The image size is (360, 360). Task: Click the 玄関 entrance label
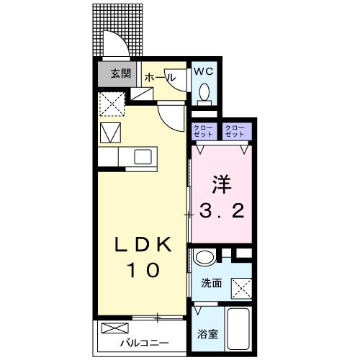point(121,73)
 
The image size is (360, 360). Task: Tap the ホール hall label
point(160,78)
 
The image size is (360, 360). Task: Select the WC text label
point(204,71)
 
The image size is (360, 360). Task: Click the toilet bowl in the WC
point(204,92)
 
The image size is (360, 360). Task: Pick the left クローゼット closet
point(203,131)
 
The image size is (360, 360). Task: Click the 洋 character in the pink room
point(221,185)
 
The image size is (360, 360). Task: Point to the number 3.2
point(222,211)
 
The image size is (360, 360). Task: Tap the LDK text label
point(143,244)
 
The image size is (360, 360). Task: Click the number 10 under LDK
point(145,270)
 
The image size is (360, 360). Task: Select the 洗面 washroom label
point(211,284)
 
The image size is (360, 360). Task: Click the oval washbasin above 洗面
point(205,257)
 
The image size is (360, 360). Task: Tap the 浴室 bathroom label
point(207,334)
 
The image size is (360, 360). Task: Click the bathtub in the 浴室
point(238,328)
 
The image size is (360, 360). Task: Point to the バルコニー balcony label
point(145,343)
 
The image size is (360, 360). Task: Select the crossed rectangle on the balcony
point(115,328)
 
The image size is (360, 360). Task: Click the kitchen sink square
point(143,157)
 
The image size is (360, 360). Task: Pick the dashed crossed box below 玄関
point(112,104)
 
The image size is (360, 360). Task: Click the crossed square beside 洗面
point(241,289)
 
